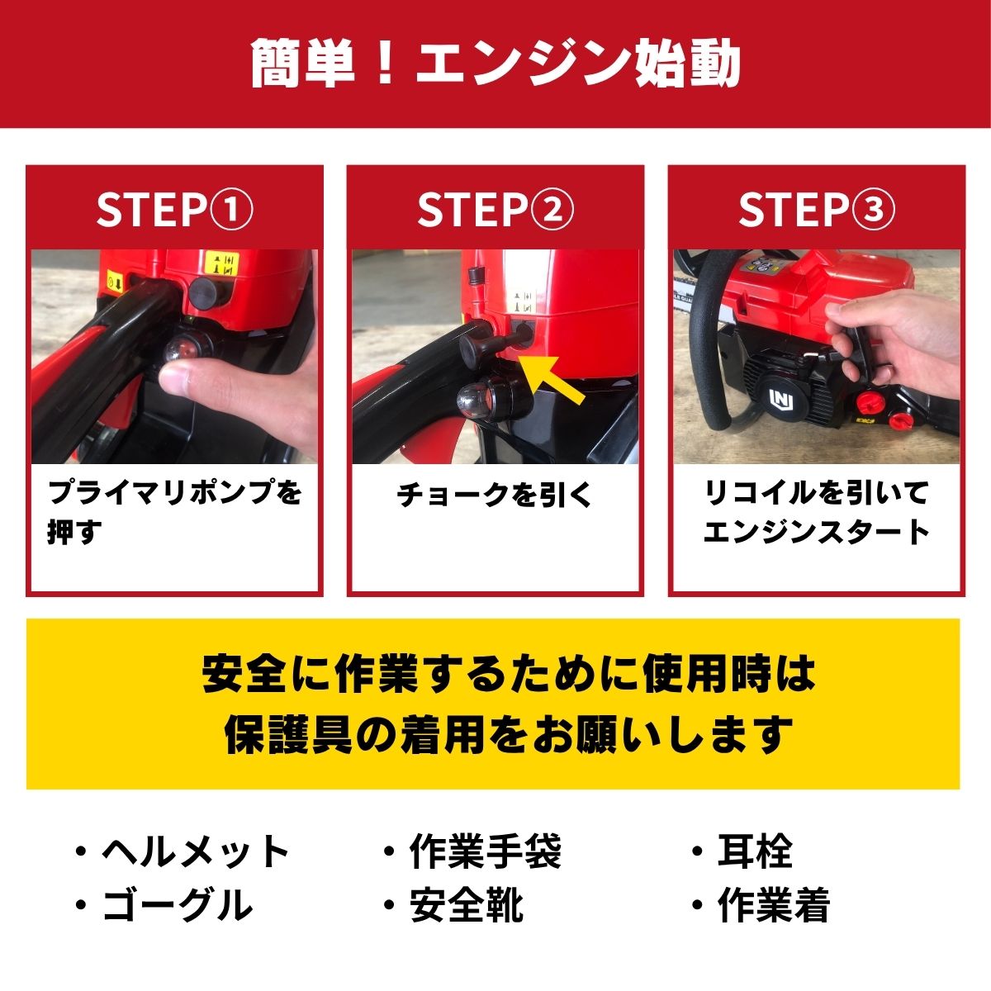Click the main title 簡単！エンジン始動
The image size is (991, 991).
[495, 64]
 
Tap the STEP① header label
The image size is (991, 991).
[174, 210]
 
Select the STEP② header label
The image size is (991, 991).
[495, 210]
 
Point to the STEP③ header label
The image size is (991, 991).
[816, 210]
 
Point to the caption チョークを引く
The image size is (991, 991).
[495, 495]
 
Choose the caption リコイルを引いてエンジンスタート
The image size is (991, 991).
[816, 512]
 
